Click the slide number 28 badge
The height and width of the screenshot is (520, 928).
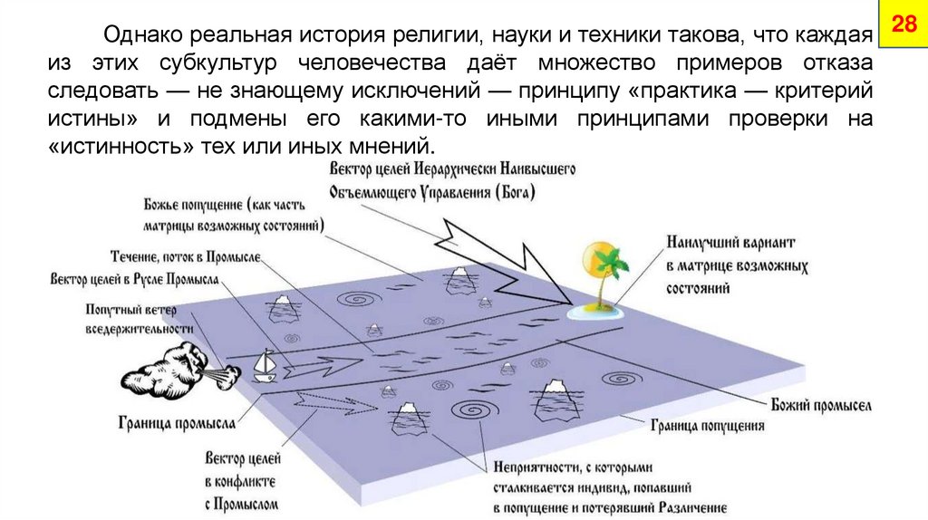pos(904,24)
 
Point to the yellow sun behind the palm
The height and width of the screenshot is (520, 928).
pos(599,255)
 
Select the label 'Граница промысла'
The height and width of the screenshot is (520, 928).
pos(177,421)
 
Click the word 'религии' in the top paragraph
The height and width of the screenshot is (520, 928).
pos(433,38)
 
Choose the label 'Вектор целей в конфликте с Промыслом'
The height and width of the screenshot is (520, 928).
pos(242,480)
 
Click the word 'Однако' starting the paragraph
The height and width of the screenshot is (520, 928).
pos(143,38)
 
